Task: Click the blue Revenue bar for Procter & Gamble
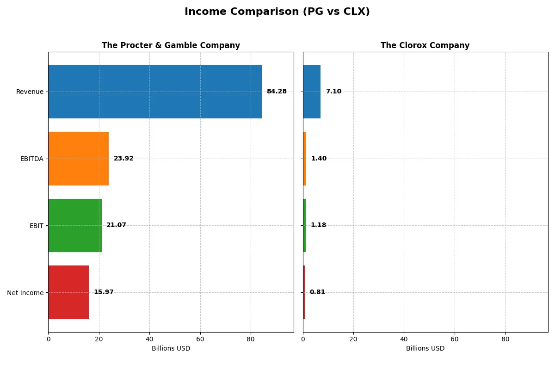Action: click(155, 92)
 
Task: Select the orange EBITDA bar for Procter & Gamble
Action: click(79, 159)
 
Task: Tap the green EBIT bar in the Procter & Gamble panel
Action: click(75, 225)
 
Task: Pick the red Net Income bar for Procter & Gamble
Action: click(68, 292)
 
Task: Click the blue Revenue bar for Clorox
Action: click(312, 92)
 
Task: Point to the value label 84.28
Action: click(277, 92)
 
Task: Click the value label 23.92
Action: click(123, 159)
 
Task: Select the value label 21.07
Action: click(116, 225)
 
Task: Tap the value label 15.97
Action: click(104, 292)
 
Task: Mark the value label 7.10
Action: click(333, 92)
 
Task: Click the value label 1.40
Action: click(319, 159)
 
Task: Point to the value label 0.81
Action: click(317, 292)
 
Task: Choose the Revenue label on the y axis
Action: click(30, 92)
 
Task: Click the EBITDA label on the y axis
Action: click(32, 159)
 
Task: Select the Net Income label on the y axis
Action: click(25, 292)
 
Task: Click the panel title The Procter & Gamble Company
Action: click(171, 45)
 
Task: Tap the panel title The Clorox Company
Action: click(425, 45)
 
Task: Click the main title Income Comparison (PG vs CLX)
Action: click(277, 12)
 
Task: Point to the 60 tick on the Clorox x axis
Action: click(455, 339)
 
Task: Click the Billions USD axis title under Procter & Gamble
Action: click(171, 348)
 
